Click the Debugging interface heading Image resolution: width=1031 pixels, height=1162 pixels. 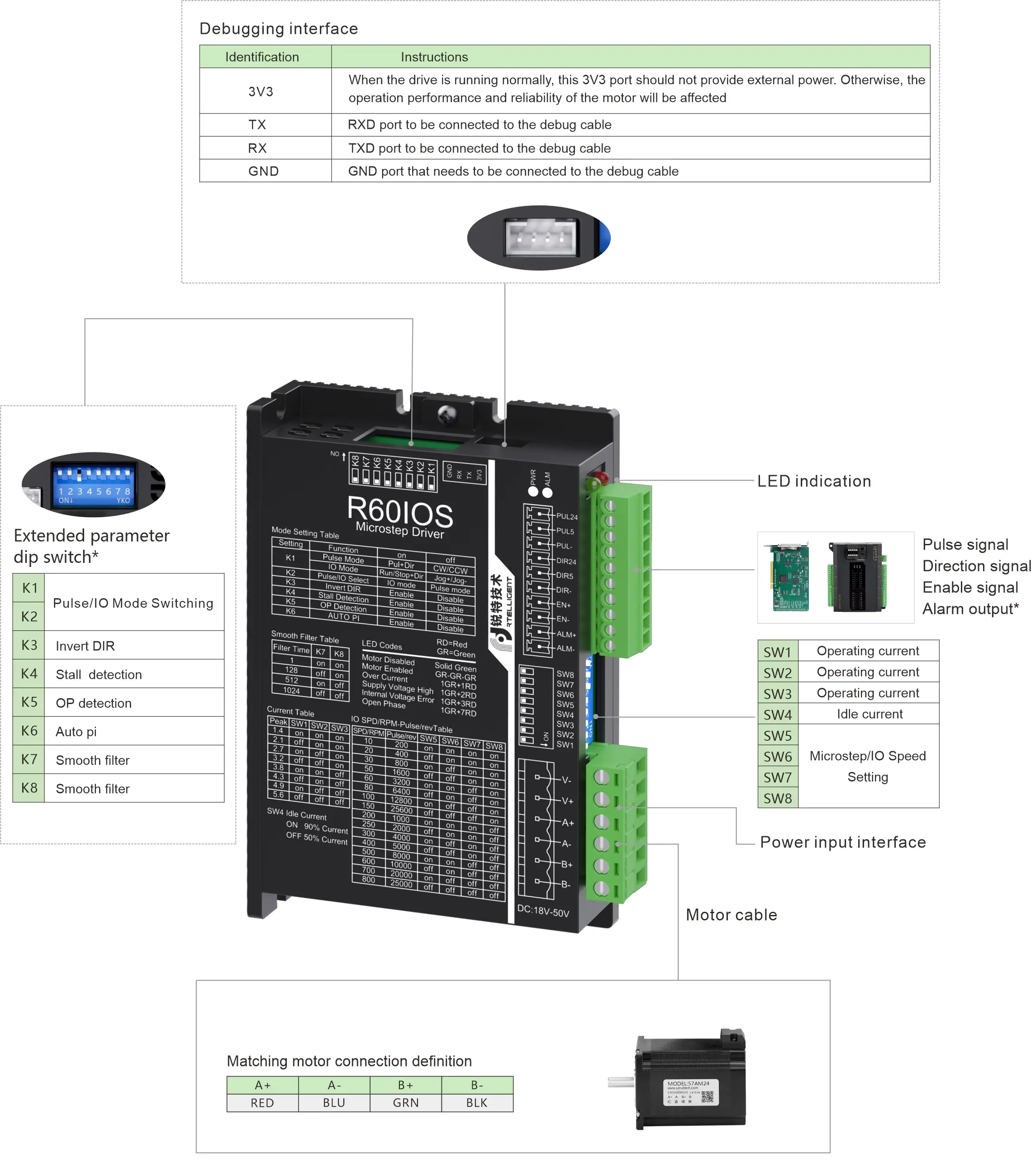coord(279,29)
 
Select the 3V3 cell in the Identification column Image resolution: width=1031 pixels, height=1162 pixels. coord(261,91)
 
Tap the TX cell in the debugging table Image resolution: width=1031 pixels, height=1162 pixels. coord(257,124)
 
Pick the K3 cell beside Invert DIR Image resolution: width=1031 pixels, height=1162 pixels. coord(29,645)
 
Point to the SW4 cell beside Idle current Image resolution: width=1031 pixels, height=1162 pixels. coord(778,714)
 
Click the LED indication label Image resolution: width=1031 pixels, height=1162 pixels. coord(813,481)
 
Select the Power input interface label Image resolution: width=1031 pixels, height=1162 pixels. coord(842,842)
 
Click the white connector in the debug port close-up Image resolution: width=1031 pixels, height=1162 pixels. coord(541,238)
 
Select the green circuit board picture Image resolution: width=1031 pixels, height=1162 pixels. coord(790,577)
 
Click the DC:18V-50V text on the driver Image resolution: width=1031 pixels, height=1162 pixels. coord(543,911)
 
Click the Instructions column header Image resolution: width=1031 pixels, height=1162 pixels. coord(434,57)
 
